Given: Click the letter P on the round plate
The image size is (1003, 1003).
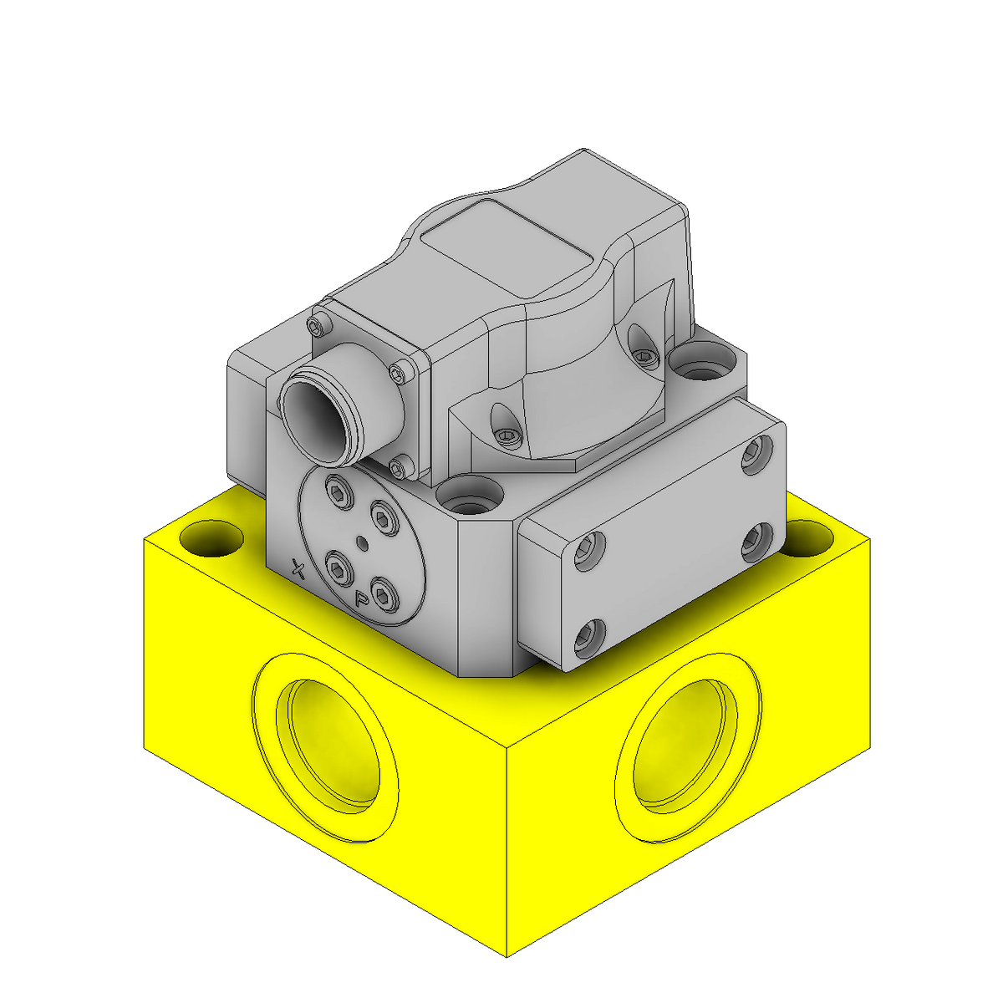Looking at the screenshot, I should (x=361, y=598).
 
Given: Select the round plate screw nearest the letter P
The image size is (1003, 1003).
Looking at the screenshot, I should (x=383, y=594).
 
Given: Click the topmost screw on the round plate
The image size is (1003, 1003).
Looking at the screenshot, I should (x=339, y=492).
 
